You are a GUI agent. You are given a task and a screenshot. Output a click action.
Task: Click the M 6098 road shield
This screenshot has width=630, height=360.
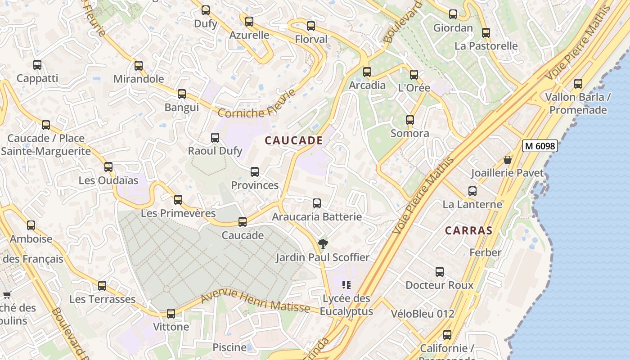coord(540,146)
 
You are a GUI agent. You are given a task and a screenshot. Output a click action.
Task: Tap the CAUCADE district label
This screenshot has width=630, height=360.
coord(294,140)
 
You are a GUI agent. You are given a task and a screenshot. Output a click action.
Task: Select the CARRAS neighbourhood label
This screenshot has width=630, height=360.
coord(468,231)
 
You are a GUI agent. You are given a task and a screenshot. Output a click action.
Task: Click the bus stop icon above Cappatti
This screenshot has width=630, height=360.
coord(37,65)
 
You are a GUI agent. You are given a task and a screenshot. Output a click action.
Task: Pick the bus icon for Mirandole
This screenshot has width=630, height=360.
coord(139,66)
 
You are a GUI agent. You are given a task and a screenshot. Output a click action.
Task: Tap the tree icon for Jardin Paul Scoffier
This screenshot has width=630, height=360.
coord(323,244)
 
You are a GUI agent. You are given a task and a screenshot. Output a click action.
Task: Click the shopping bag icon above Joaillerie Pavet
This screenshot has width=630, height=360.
coord(508,160)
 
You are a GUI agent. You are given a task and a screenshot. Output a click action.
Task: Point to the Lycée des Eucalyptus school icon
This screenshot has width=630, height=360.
coord(346,284)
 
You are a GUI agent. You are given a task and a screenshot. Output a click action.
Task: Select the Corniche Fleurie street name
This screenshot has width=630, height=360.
coord(257,105)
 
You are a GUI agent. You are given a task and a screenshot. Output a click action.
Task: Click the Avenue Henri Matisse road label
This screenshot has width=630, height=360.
coord(255,302)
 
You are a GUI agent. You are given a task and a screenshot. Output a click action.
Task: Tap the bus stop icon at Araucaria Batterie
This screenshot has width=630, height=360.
coord(317,203)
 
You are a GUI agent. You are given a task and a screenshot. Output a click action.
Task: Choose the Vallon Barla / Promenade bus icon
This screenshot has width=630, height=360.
coord(578,84)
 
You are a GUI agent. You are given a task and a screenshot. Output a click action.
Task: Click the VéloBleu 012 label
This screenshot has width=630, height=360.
coord(423,314)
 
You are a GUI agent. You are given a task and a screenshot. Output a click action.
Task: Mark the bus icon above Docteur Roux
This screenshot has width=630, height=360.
coord(440,272)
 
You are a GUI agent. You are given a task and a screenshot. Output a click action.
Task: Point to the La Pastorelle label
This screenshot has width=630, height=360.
coord(486,46)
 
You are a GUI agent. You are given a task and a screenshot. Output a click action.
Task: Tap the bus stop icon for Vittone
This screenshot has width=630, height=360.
coord(171,314)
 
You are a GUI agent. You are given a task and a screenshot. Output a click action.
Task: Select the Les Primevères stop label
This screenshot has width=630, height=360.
coord(178,213)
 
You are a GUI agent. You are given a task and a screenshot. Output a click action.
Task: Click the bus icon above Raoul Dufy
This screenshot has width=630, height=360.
coord(215,138)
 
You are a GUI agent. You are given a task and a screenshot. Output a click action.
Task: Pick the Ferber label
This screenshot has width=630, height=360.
coord(485,252)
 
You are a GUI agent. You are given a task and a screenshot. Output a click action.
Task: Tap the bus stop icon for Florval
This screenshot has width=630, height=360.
coord(311,26)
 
